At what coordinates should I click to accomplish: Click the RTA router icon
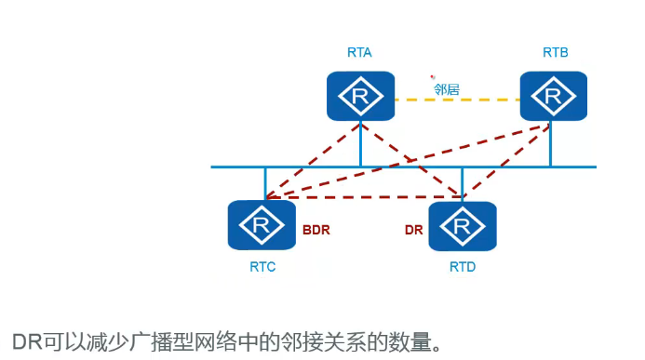tap(359, 95)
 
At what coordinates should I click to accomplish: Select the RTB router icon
tap(553, 95)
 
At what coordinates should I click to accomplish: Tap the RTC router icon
tap(262, 225)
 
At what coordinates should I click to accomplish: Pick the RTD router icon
tap(462, 226)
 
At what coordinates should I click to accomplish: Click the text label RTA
tap(359, 53)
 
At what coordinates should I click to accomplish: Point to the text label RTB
tap(555, 53)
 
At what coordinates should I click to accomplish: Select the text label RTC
tap(262, 267)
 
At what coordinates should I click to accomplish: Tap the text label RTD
tap(463, 267)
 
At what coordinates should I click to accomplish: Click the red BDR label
tap(317, 229)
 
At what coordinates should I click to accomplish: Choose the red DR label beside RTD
tap(413, 229)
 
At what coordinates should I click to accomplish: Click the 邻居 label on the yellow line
tap(446, 90)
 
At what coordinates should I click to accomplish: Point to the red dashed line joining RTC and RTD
tap(363, 197)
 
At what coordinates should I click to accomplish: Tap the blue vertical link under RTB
tap(551, 144)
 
